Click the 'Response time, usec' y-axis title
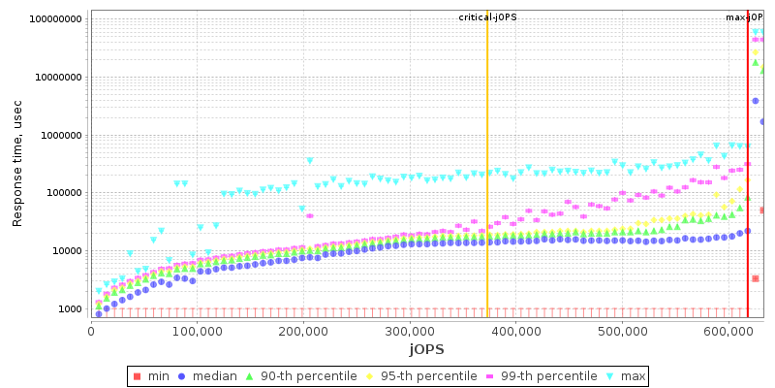17,168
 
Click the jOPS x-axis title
426,348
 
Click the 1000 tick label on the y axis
71,309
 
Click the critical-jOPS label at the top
488,17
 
